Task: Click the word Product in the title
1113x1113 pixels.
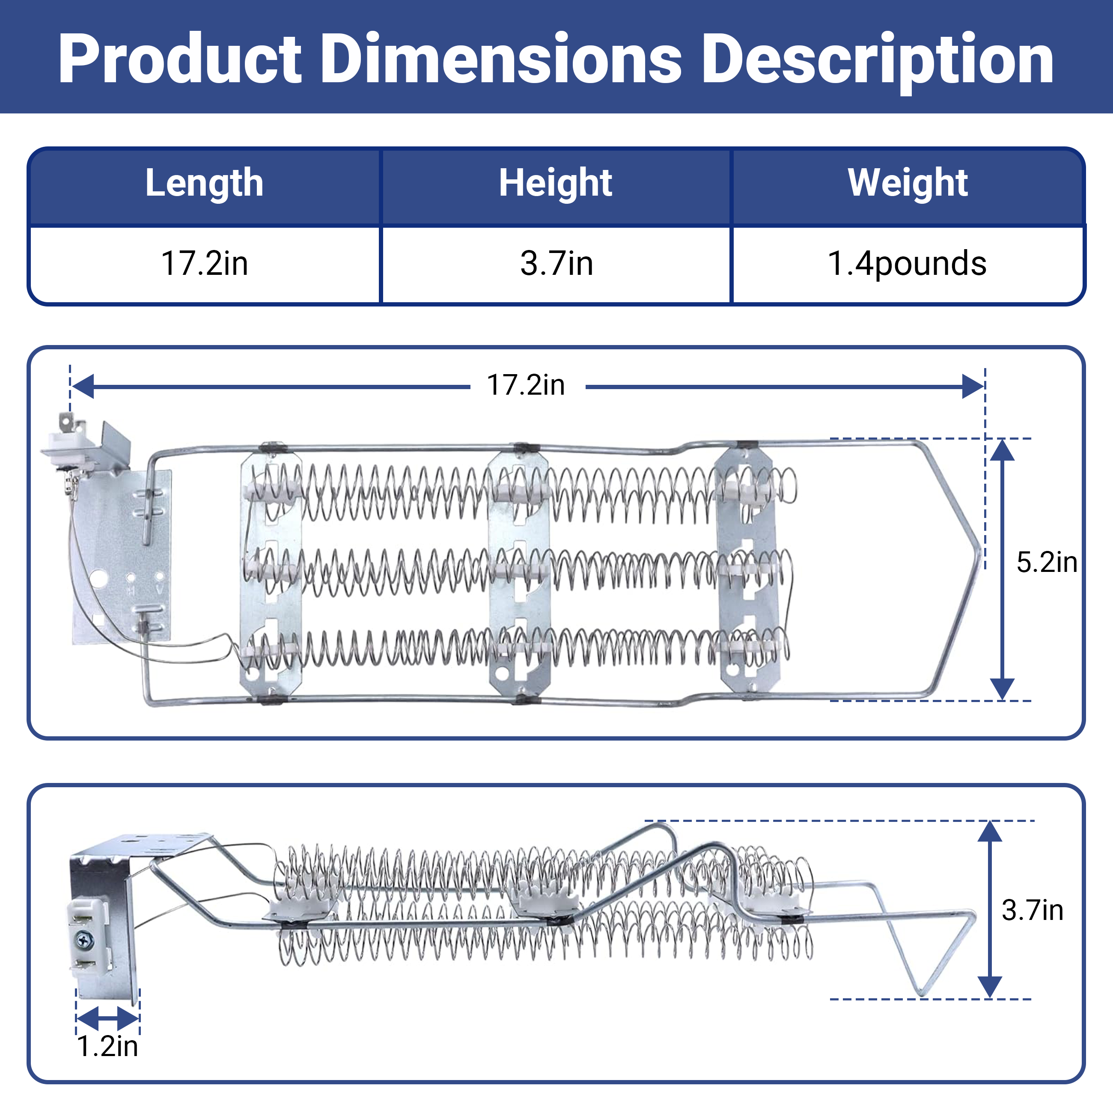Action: click(180, 59)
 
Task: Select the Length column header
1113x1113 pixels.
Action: click(205, 183)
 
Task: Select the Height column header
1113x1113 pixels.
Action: click(555, 183)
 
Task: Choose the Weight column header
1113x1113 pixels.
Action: click(908, 183)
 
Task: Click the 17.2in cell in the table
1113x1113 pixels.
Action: click(205, 263)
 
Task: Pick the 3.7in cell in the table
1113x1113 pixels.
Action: click(556, 263)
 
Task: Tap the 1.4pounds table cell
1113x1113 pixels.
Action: click(907, 264)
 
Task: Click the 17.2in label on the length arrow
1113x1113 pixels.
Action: click(526, 385)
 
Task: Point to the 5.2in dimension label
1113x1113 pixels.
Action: click(1047, 562)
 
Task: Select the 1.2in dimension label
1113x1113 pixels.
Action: click(108, 1046)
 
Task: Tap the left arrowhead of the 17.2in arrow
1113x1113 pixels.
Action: click(82, 386)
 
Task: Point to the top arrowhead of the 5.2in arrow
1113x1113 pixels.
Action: click(1003, 450)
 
